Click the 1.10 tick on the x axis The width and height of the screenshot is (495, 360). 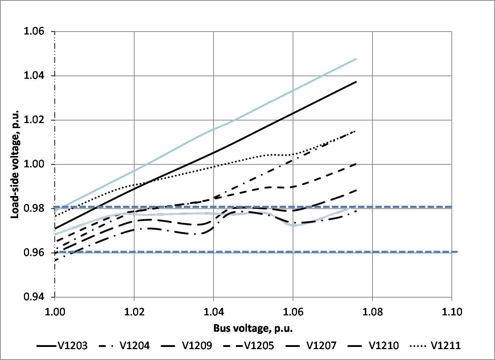[x=451, y=312]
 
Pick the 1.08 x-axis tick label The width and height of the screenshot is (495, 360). [x=372, y=312]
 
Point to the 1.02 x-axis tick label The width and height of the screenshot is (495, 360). [x=134, y=312]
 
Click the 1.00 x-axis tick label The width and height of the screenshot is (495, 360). [x=55, y=312]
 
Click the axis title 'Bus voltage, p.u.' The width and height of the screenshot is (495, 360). [x=253, y=328]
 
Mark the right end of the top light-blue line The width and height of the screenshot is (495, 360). [x=356, y=59]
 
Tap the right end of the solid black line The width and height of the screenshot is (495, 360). [x=356, y=82]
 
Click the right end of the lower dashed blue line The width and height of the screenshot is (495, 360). [x=457, y=251]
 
